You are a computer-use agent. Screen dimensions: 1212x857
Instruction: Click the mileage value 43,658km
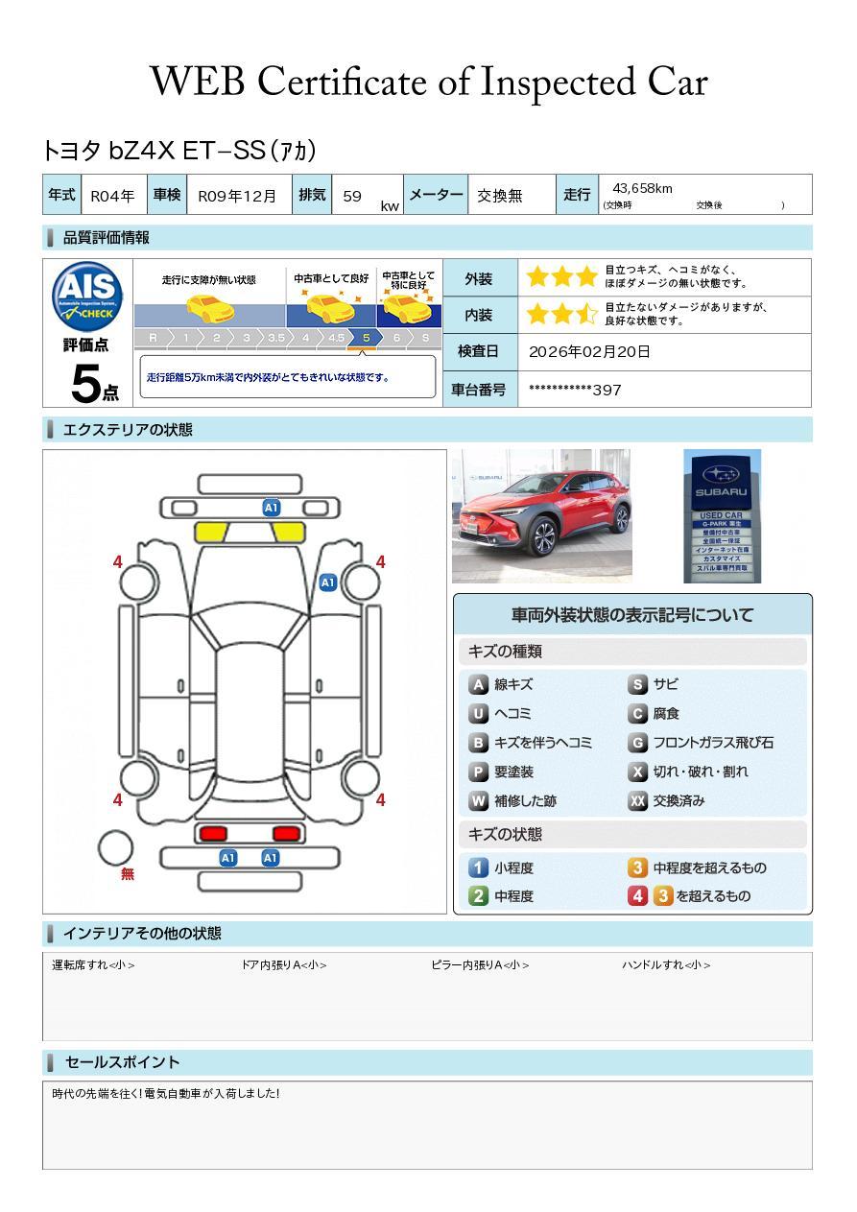pos(642,189)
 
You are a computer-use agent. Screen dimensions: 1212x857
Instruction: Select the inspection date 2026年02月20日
pos(588,352)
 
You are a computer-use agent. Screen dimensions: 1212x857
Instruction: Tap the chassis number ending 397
pos(575,390)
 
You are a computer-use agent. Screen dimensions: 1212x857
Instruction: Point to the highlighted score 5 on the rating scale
pos(366,338)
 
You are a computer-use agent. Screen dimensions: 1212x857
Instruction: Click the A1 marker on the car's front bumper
pos(271,508)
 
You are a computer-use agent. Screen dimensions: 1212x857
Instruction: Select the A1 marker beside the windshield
pos(327,582)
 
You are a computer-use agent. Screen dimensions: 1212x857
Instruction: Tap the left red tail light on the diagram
pos(211,833)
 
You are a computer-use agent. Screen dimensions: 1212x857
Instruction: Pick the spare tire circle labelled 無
pos(115,848)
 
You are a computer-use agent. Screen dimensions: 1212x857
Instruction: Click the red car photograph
pos(541,515)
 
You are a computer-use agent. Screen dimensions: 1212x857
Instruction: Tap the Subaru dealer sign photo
pos(722,515)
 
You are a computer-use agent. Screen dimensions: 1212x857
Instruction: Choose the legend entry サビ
pos(665,685)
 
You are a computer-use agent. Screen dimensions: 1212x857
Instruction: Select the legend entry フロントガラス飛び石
pos(712,743)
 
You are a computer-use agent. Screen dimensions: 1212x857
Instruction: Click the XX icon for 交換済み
pos(637,801)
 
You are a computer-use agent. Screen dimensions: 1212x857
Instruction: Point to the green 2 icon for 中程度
pos(478,896)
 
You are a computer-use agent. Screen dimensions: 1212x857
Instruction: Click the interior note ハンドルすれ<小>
pos(666,965)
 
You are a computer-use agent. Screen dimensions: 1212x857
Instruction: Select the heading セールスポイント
pos(122,1062)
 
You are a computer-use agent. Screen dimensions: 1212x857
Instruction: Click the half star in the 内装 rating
pos(586,315)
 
